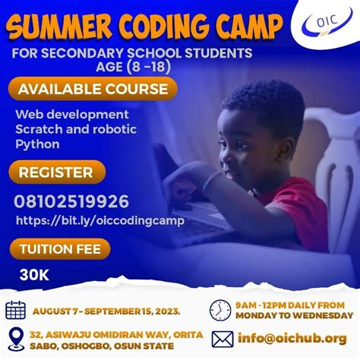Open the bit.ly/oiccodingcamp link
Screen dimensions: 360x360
[99, 220]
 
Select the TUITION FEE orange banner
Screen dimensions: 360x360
[61, 248]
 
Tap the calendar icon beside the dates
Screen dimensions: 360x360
[15, 310]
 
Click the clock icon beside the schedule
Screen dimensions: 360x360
[220, 310]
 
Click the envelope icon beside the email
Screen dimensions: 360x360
[222, 337]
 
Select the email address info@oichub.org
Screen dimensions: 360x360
[291, 337]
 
